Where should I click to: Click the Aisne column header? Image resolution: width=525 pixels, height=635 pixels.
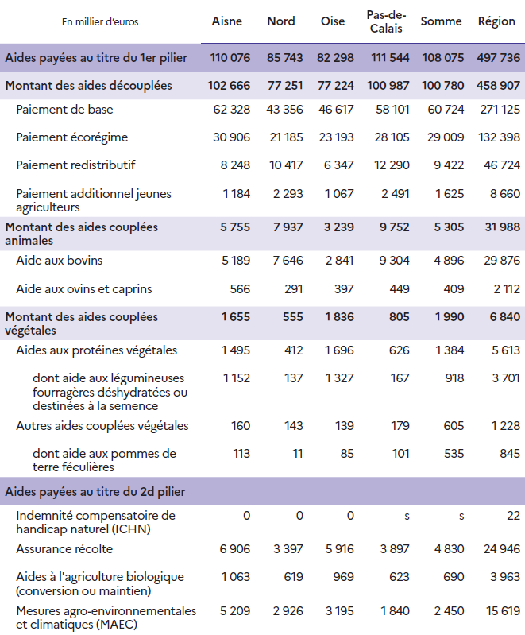227,21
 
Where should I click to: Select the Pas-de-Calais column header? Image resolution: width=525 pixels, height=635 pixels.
384,21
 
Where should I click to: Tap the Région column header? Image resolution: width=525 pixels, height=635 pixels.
496,21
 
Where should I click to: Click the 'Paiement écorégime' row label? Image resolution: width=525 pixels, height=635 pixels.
72,137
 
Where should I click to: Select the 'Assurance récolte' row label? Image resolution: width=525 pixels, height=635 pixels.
64,549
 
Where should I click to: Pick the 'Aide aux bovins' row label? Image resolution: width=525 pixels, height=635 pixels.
59,261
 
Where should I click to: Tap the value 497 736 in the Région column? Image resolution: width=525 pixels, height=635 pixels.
496,57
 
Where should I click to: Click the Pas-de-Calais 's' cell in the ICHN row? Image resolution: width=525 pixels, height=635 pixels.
407,516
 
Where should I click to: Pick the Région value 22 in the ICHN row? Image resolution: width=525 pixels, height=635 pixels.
513,516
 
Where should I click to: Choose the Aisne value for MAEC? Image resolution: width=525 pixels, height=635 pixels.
234,611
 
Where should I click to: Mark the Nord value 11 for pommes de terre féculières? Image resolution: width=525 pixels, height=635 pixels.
296,454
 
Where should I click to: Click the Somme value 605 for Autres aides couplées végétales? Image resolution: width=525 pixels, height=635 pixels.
453,426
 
